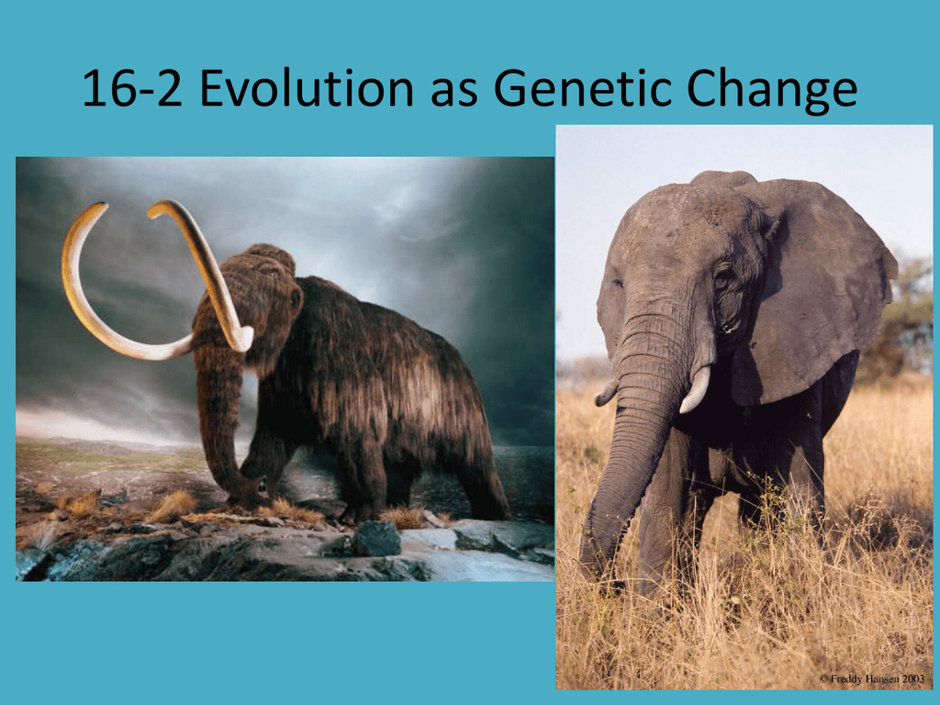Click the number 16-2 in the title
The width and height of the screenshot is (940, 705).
coord(132,89)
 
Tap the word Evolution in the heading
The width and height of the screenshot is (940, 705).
coord(306,89)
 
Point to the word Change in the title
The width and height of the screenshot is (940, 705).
coord(771,90)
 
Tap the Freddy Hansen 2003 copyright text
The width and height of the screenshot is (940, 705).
coord(871,678)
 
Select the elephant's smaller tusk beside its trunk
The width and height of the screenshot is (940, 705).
coord(606,393)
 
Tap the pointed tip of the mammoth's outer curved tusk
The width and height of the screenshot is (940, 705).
coord(104,205)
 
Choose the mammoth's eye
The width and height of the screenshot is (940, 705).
coord(268,273)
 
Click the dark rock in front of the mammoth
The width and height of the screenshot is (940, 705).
coord(376,538)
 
